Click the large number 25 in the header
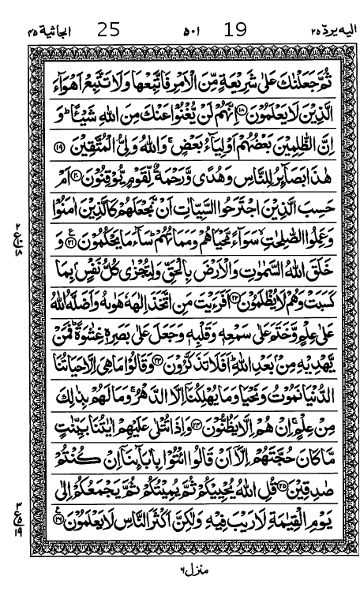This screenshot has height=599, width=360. [108, 31]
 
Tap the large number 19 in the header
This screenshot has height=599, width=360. [235, 31]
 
